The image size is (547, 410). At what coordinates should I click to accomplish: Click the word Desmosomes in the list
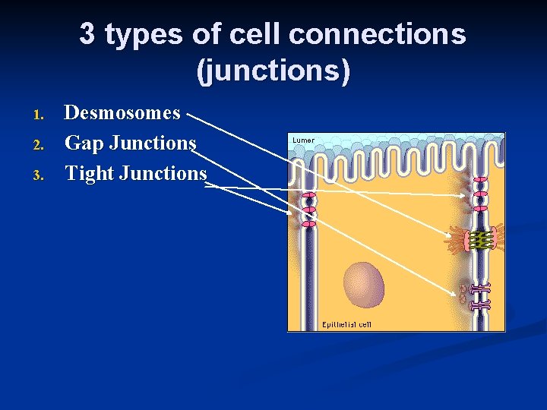point(122,113)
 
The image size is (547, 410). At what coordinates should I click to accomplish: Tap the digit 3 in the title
point(87,34)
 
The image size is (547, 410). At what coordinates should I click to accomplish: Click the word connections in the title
point(377,34)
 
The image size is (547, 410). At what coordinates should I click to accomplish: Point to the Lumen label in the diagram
point(302,140)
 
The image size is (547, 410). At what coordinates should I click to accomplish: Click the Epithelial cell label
point(346,324)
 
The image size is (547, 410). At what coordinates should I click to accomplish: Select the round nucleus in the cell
point(364,284)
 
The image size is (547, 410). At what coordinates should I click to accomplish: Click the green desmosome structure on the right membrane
point(479,240)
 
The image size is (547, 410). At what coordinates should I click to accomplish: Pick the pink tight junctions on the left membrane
point(308,210)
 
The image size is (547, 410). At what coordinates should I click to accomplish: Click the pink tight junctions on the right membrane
point(480,194)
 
